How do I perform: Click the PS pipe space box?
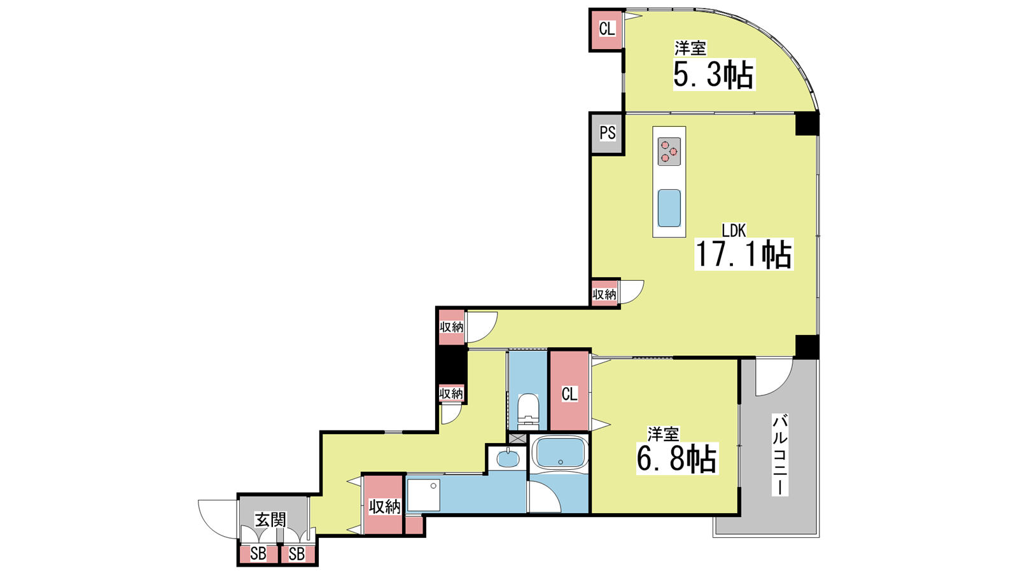(x=607, y=133)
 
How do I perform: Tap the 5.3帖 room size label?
(x=713, y=74)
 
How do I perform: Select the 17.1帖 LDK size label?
(x=744, y=254)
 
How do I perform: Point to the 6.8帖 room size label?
(x=677, y=458)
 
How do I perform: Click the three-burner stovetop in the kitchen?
(x=669, y=152)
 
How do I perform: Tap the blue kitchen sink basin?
(x=669, y=208)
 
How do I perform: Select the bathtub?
(x=560, y=453)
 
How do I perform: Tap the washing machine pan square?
(x=424, y=495)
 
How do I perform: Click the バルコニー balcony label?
(x=780, y=455)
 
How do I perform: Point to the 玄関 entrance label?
(x=270, y=520)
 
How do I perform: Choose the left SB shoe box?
(x=258, y=554)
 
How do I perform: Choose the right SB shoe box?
(x=296, y=554)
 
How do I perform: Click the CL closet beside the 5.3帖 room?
(x=606, y=29)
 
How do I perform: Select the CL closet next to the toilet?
(x=569, y=391)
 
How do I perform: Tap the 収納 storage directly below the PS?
(x=604, y=294)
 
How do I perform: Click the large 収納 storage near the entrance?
(x=384, y=505)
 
